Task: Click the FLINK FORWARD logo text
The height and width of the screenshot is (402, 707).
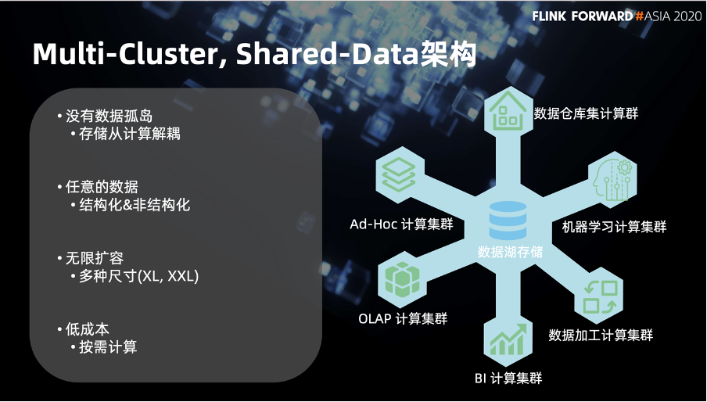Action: tap(583, 16)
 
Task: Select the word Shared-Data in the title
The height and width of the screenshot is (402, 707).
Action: tap(328, 54)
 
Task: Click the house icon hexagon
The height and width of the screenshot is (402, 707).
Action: tap(508, 111)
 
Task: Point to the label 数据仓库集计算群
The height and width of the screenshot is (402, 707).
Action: tap(586, 113)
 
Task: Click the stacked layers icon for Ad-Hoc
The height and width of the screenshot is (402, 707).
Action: tap(399, 174)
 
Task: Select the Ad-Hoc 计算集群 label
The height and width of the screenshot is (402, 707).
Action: tap(401, 224)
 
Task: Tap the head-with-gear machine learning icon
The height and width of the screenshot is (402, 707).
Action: tap(612, 180)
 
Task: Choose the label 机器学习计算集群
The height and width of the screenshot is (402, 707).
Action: tap(614, 227)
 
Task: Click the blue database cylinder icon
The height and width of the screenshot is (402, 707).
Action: tap(508, 221)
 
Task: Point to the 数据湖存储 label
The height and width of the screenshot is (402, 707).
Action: tap(511, 252)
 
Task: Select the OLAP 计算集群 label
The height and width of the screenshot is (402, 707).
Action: tap(403, 318)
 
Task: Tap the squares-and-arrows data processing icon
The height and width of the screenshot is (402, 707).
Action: tap(601, 297)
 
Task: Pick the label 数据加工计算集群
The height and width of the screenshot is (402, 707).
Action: tap(601, 335)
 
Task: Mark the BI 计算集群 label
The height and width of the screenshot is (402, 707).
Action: tap(508, 378)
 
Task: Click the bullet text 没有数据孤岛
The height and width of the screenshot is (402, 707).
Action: tap(109, 116)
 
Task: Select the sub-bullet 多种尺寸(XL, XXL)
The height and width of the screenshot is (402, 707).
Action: tap(139, 276)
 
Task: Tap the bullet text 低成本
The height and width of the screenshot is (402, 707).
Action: tap(87, 329)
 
